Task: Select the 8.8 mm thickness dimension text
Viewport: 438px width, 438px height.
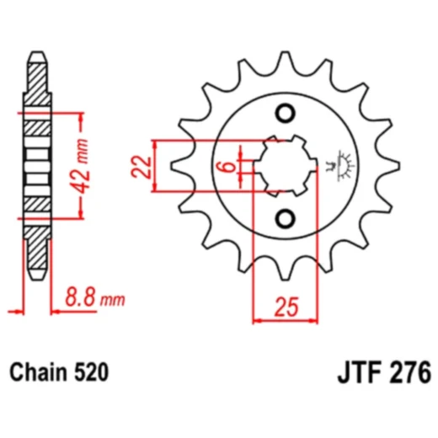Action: (x=94, y=298)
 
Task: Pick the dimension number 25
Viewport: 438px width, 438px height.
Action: (x=286, y=307)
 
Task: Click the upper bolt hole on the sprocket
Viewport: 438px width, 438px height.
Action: (x=286, y=114)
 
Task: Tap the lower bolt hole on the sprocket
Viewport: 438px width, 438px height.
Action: (x=286, y=219)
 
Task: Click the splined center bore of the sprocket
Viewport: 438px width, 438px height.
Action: (x=285, y=166)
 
